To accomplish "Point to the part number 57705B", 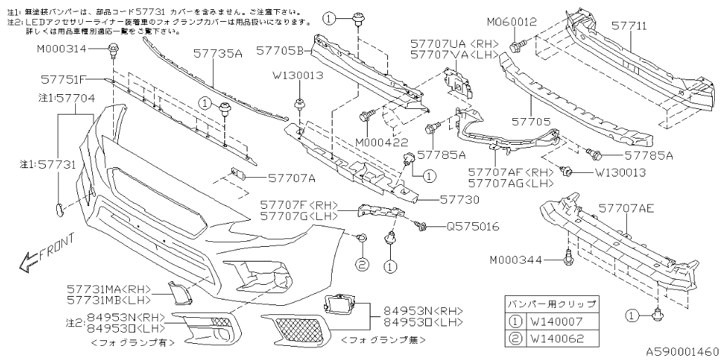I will pos(279,51).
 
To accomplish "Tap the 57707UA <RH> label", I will pos(454,44).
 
